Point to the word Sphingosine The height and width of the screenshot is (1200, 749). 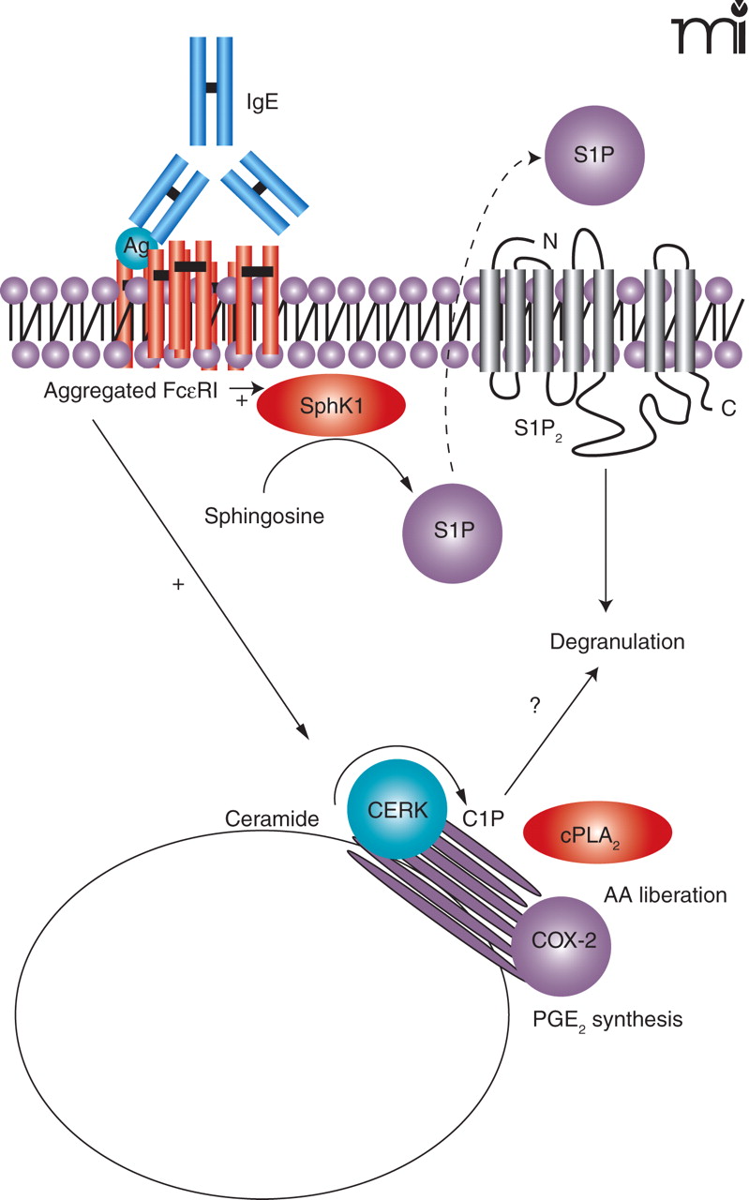pyautogui.click(x=264, y=515)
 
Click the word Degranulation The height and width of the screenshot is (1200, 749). pyautogui.click(x=618, y=643)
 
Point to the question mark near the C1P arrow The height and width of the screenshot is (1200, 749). pyautogui.click(x=534, y=705)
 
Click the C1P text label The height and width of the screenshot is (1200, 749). pyautogui.click(x=485, y=817)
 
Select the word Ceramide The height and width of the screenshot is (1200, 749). pyautogui.click(x=271, y=817)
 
